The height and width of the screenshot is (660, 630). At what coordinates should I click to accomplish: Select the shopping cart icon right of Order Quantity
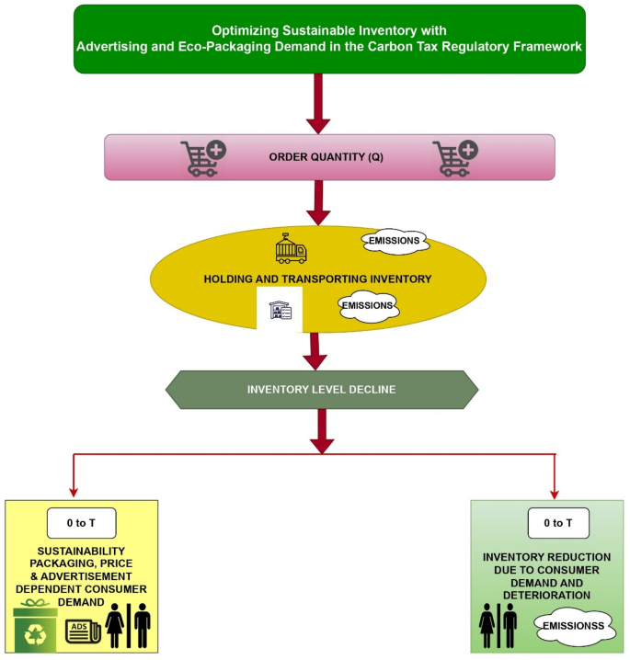pyautogui.click(x=455, y=157)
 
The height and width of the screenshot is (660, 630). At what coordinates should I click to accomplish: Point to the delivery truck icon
pyautogui.click(x=292, y=249)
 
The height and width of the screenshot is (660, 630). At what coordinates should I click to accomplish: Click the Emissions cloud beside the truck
pyautogui.click(x=395, y=241)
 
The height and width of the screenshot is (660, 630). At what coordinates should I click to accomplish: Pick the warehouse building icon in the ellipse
pyautogui.click(x=280, y=311)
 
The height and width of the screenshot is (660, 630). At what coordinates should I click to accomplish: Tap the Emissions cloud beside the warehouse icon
pyautogui.click(x=368, y=305)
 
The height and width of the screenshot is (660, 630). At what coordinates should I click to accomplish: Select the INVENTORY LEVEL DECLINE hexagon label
pyautogui.click(x=321, y=389)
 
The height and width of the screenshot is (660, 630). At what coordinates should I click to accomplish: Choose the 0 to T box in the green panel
pyautogui.click(x=558, y=523)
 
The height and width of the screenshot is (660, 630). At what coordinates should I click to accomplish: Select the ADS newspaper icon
pyautogui.click(x=83, y=632)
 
